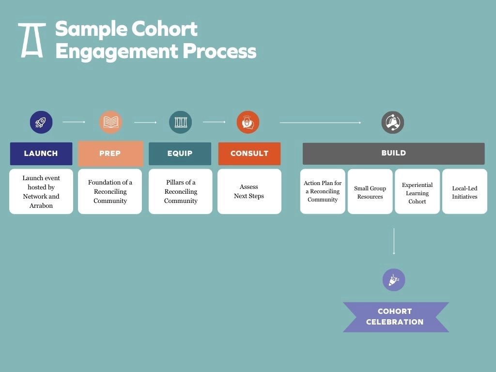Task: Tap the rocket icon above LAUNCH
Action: pos(41,122)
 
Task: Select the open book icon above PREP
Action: pos(111,122)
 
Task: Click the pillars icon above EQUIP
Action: pos(181,122)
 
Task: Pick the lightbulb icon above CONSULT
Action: pos(248,122)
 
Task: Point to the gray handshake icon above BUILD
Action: pos(392,122)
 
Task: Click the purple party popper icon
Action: pos(394,280)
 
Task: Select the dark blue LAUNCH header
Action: pos(41,154)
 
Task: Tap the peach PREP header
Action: pos(110,154)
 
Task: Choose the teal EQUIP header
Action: pos(180,154)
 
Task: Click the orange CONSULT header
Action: pos(249,154)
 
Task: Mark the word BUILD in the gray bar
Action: pos(393,153)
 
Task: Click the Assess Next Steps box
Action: pos(249,191)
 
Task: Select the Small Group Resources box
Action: pos(370,191)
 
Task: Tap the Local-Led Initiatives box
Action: pos(465,191)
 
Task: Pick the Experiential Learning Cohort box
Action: pos(417,191)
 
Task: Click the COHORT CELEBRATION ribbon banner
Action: pos(396,317)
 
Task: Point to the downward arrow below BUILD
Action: pos(394,241)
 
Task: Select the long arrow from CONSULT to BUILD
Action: pos(321,123)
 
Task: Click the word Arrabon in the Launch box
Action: pos(41,205)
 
